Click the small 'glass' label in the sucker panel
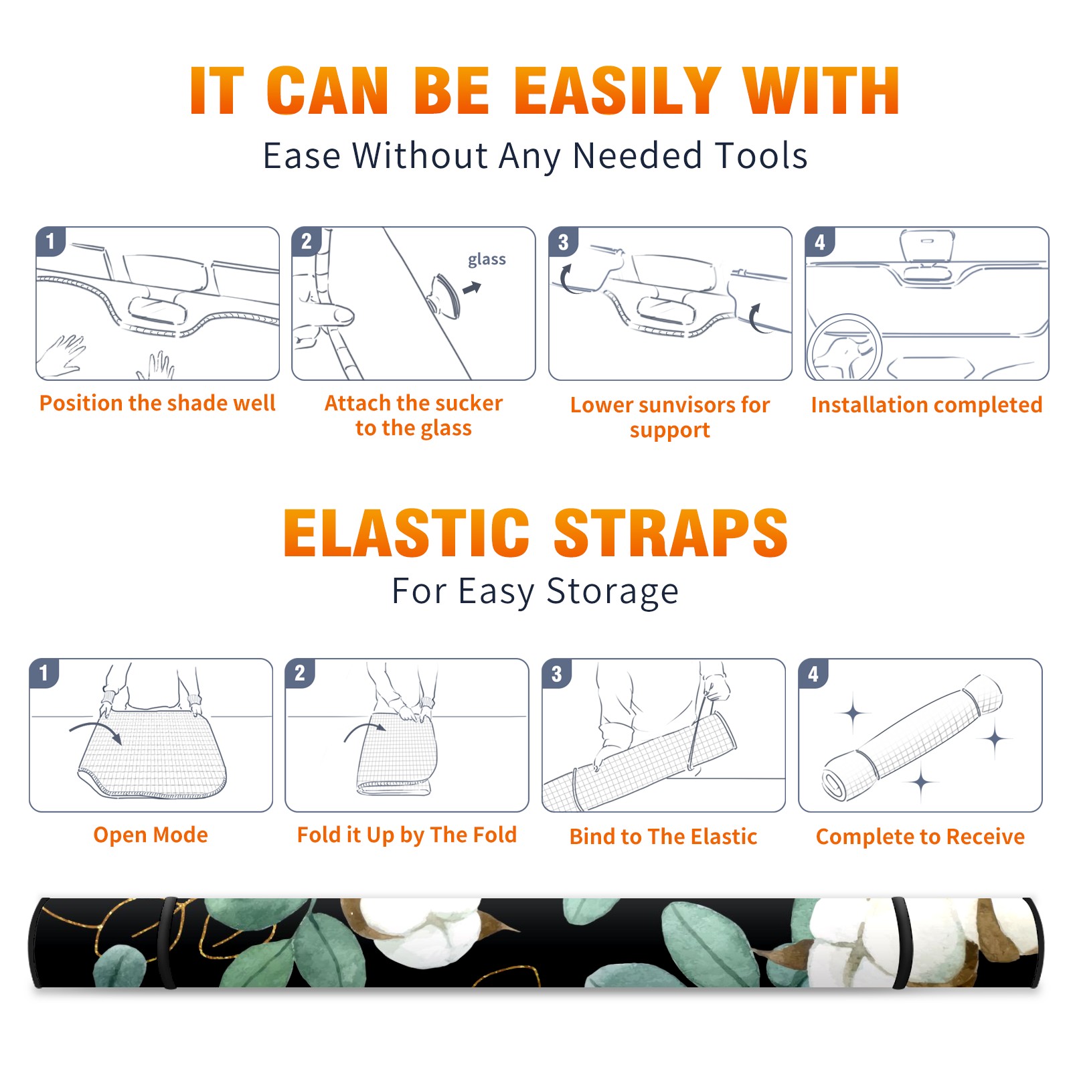(487, 260)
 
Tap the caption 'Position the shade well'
(157, 403)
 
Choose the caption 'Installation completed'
(926, 405)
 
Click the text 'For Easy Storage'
(535, 592)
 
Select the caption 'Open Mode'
(151, 835)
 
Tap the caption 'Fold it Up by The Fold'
(407, 835)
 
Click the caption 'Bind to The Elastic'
(663, 837)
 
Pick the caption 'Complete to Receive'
(920, 837)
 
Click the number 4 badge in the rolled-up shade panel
(813, 673)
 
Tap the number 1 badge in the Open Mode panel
(44, 673)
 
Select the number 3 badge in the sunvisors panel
(563, 242)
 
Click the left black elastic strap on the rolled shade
(167, 943)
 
